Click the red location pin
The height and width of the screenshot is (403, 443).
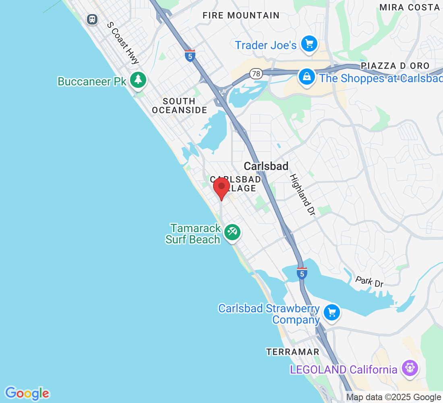point(221,188)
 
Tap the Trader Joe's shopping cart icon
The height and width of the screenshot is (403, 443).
point(309,44)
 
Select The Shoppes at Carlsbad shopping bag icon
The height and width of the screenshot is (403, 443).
point(307,77)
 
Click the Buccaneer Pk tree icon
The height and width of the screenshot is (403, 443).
point(139,79)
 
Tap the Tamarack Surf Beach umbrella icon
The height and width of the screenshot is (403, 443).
point(232,232)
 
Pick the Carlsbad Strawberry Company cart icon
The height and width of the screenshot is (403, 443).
point(332,312)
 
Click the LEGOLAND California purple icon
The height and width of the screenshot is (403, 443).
point(410,368)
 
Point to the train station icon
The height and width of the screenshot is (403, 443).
point(93,19)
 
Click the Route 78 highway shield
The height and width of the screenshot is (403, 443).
point(256,74)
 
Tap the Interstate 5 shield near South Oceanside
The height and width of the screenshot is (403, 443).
point(190,56)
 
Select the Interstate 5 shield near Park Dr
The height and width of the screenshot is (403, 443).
point(302,273)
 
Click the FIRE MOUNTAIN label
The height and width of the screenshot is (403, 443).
point(241,15)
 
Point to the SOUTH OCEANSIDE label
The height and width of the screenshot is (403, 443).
point(179,106)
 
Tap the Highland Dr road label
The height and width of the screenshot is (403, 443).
point(302,195)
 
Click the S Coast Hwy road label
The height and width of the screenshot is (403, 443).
point(123,43)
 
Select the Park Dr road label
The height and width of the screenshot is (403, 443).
point(369,282)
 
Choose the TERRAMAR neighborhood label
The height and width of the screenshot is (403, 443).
point(293,352)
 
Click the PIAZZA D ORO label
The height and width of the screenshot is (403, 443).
point(395,66)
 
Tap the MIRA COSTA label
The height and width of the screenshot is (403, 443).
point(410,7)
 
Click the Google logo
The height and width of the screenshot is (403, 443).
point(27,393)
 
